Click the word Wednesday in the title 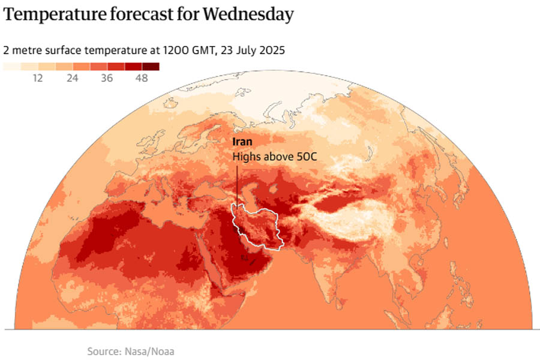(248, 14)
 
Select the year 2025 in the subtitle (271, 50)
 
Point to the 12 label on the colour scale (38, 79)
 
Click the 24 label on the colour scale (73, 79)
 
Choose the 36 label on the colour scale (107, 79)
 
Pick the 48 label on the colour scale (142, 79)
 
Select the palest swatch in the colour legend (11, 67)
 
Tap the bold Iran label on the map (242, 142)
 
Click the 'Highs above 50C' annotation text (274, 157)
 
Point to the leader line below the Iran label (236, 186)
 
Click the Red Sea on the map (208, 264)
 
